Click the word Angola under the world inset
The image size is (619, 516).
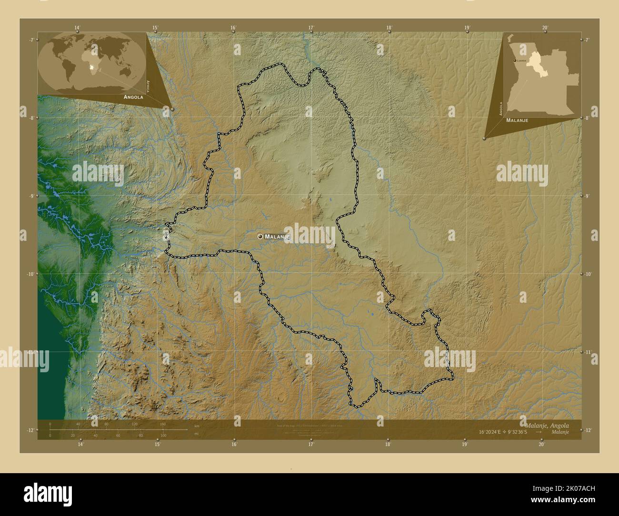(x=133, y=97)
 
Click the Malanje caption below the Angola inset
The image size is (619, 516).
(x=517, y=120)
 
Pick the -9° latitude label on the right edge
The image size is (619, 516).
(x=587, y=196)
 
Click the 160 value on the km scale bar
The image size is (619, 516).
(x=162, y=424)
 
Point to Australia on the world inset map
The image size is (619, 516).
(x=126, y=71)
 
